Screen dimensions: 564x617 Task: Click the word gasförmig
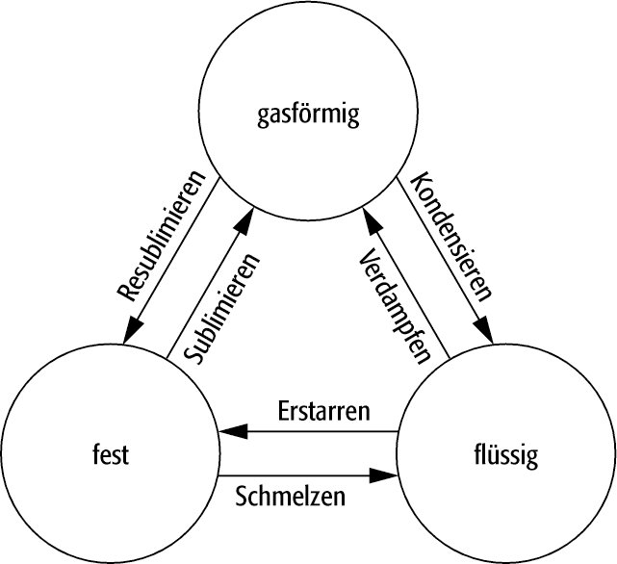pyautogui.click(x=308, y=117)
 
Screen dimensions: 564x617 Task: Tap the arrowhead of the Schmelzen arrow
pyautogui.click(x=390, y=474)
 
